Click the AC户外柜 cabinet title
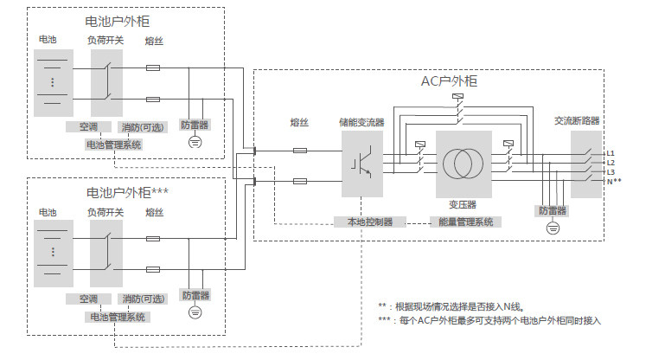click(x=449, y=80)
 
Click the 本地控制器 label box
click(x=370, y=222)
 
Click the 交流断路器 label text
click(x=577, y=121)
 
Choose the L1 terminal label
click(x=611, y=153)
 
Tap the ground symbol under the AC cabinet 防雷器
click(x=553, y=228)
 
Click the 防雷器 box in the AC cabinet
click(x=553, y=210)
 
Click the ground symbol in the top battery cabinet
click(x=195, y=140)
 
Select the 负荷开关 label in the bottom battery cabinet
click(x=106, y=211)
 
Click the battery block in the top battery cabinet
click(x=51, y=83)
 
